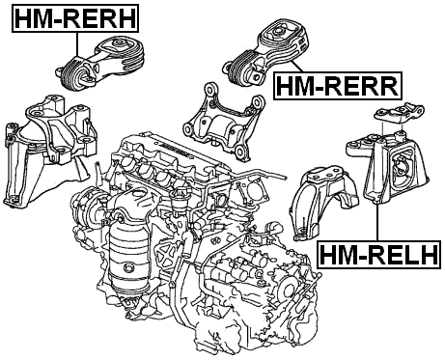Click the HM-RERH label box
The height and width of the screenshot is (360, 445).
point(75,18)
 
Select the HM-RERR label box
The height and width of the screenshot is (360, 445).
point(338,86)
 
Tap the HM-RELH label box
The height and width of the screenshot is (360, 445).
point(378,254)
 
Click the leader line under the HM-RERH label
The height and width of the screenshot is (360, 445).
point(77,44)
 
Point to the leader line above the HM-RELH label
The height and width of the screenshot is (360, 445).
point(376,222)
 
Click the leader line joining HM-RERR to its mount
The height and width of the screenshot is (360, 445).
point(297,67)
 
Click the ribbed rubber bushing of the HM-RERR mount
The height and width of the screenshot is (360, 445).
point(240,69)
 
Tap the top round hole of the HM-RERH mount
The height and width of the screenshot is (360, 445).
point(119,43)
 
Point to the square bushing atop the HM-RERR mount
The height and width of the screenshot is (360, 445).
point(278,31)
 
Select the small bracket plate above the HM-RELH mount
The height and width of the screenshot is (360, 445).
point(399,114)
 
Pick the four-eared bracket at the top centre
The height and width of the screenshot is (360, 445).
point(223,123)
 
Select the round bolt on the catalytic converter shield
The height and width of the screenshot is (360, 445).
point(127,267)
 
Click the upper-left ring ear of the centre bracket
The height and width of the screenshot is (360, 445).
point(211,89)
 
